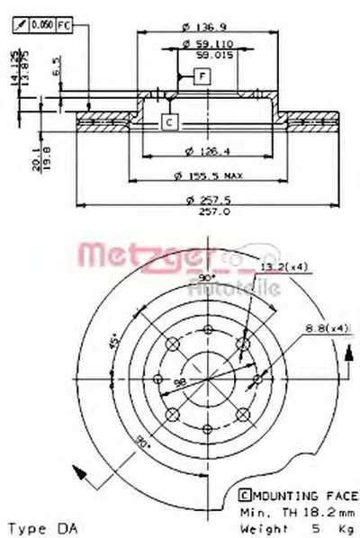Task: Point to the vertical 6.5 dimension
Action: (x=57, y=67)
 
